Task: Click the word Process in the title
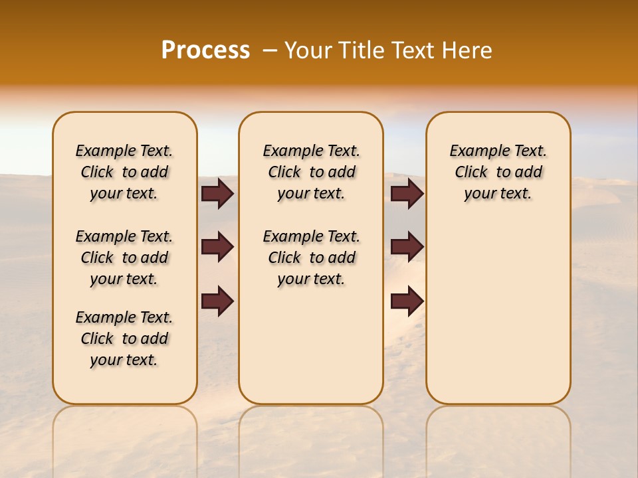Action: tap(205, 50)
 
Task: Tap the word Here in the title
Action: tap(468, 50)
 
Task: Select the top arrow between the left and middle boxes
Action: tap(217, 194)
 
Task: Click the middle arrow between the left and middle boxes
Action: tap(217, 247)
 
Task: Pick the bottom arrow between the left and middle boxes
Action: tap(217, 301)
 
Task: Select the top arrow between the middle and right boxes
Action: tap(407, 194)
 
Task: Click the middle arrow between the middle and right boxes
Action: tap(407, 247)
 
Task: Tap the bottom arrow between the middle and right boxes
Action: tap(407, 301)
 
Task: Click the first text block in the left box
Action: tap(124, 172)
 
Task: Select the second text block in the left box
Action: tap(124, 258)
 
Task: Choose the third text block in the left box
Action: tap(124, 339)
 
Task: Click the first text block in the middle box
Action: tap(311, 172)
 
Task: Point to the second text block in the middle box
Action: tap(311, 258)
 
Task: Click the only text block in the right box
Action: tap(498, 172)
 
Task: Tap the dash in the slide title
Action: tap(270, 51)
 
